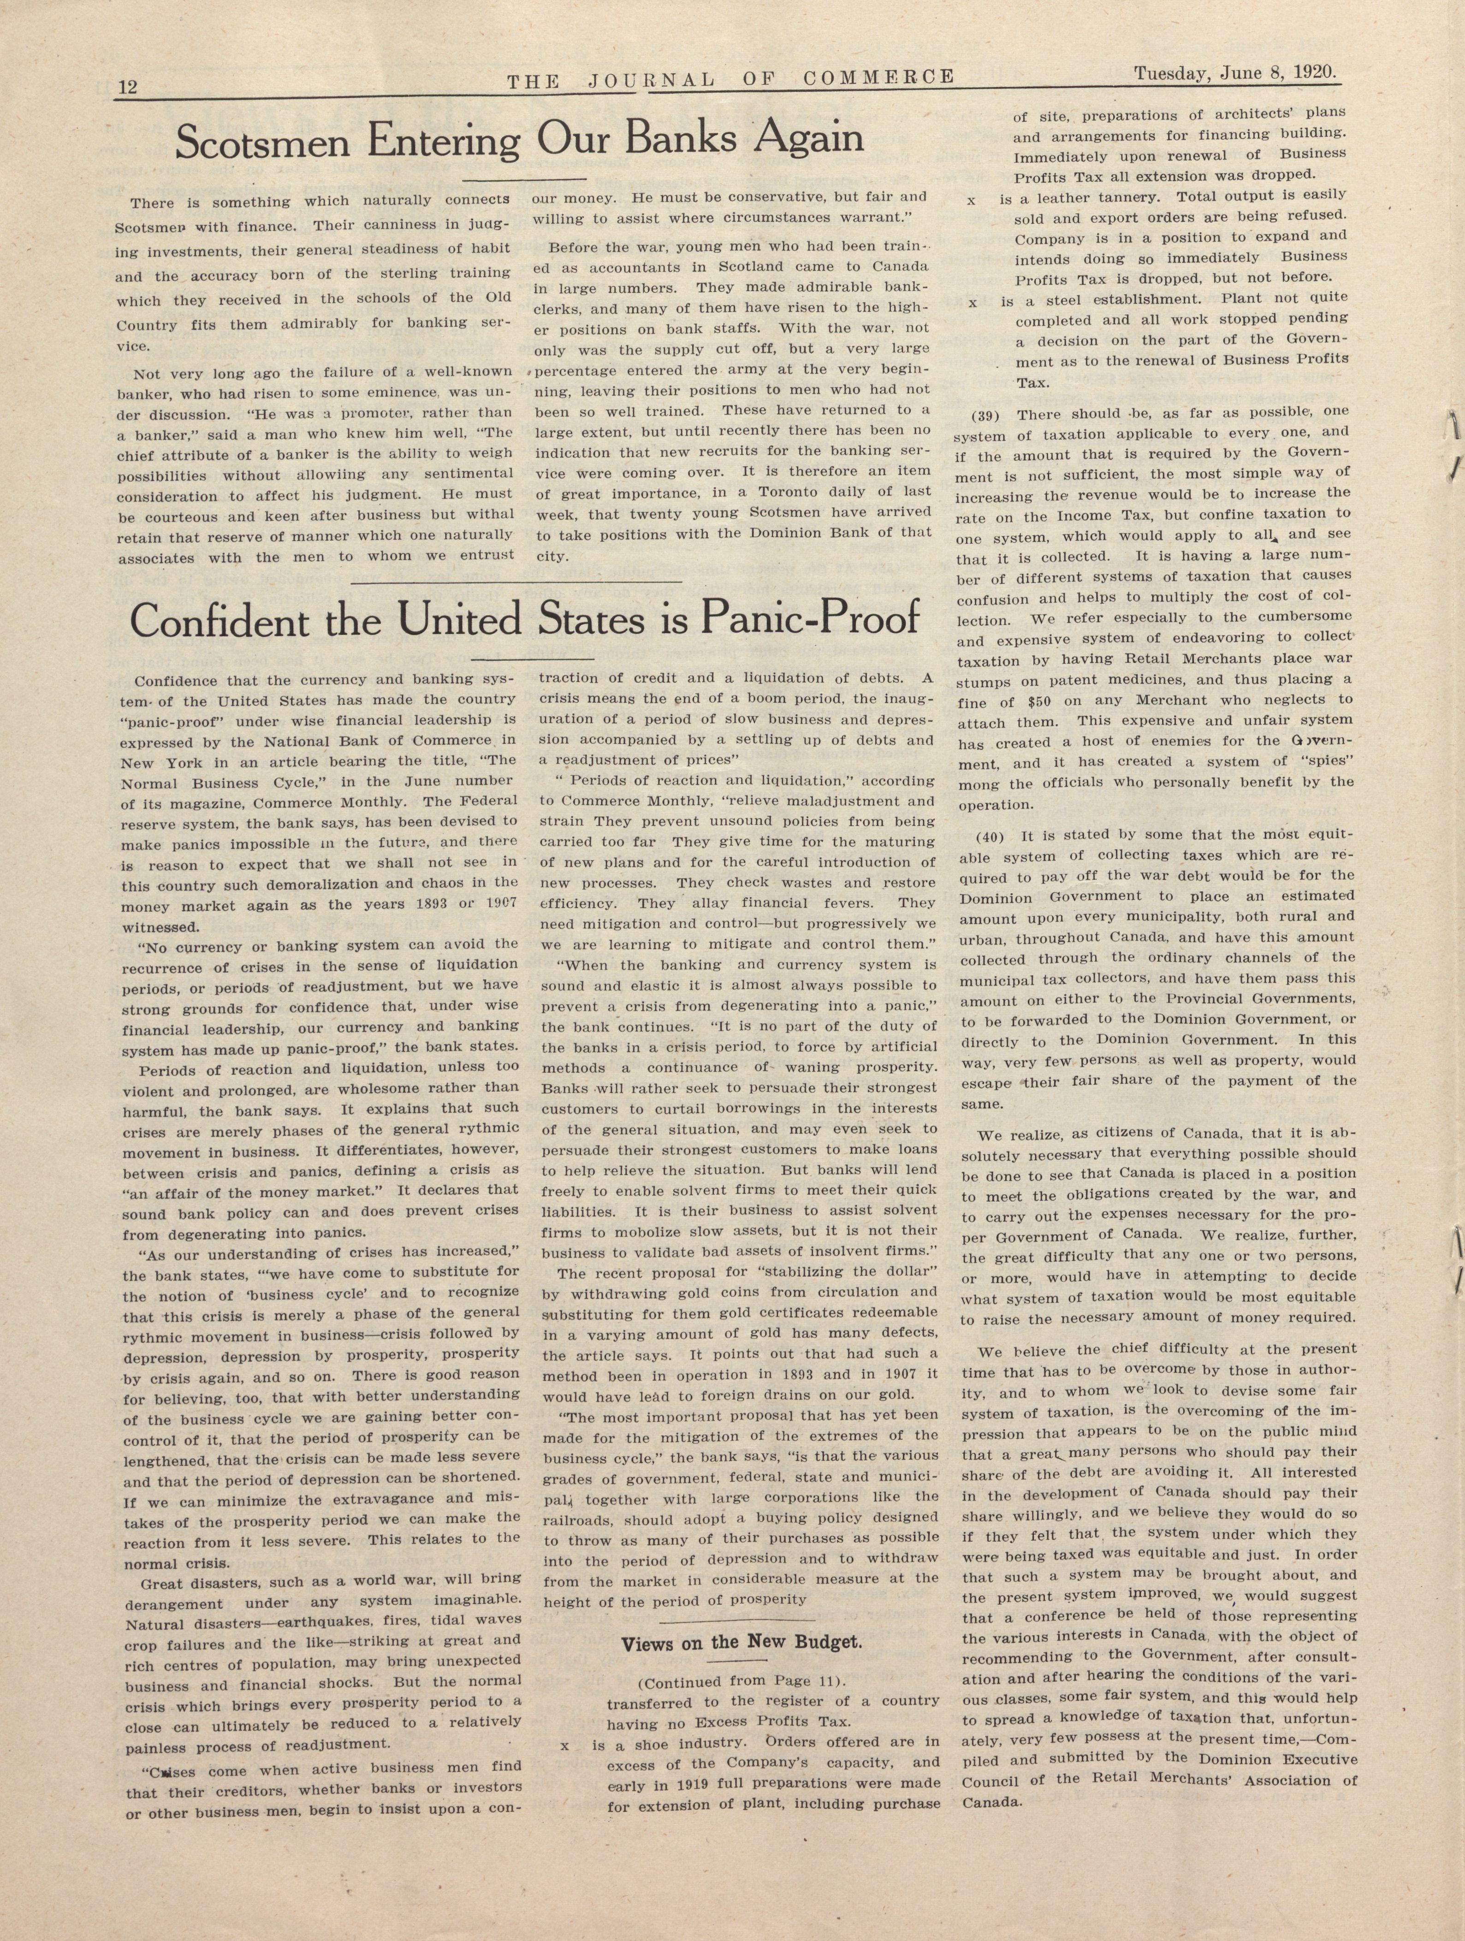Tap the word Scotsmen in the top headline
(259, 142)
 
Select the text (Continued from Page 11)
(741, 1681)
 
